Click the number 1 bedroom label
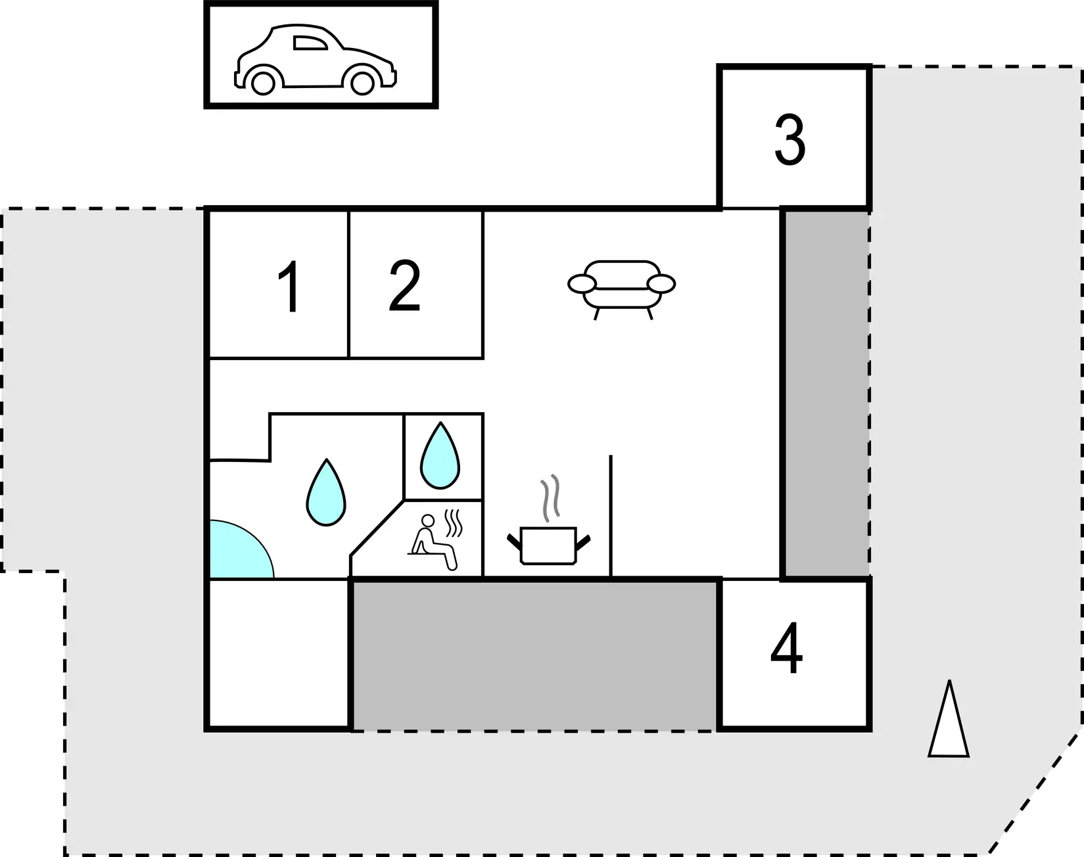pyautogui.click(x=289, y=287)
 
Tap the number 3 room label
pyautogui.click(x=789, y=140)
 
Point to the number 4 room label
pyautogui.click(x=786, y=649)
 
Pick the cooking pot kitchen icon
pyautogui.click(x=549, y=545)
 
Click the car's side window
pyautogui.click(x=310, y=43)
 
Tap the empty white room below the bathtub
pyautogui.click(x=278, y=653)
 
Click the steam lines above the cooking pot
pyautogui.click(x=550, y=498)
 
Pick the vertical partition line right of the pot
pyautogui.click(x=611, y=516)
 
